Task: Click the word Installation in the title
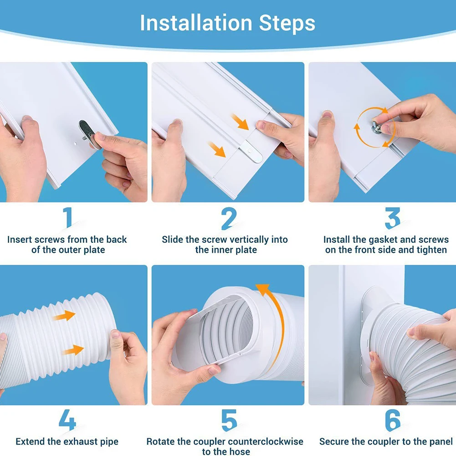point(196,23)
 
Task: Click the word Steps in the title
point(287,23)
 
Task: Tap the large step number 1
point(68,218)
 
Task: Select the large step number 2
point(229,218)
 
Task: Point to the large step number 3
point(392,218)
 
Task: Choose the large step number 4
point(67,420)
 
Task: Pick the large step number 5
point(229,420)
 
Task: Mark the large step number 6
point(393,420)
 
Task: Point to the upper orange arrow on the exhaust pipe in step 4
point(64,316)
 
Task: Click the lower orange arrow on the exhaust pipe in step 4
point(73,350)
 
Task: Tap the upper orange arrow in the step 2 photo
point(240,122)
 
